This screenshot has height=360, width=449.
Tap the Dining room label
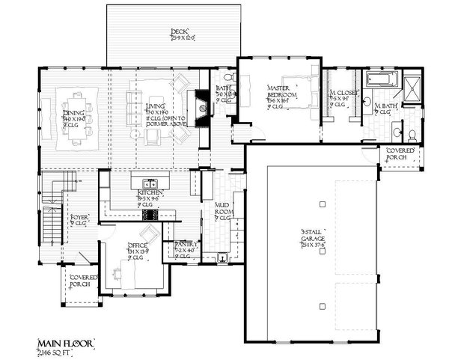[74, 115]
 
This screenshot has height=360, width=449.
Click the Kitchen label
[150, 196]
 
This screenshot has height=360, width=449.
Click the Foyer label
[79, 220]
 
